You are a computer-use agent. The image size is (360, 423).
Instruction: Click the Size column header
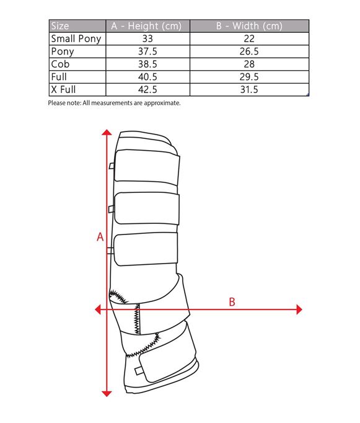click(60, 26)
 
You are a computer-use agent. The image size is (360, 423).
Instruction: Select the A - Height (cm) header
click(146, 26)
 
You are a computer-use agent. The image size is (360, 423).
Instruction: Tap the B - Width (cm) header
click(249, 26)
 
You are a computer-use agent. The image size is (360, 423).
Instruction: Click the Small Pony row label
click(76, 38)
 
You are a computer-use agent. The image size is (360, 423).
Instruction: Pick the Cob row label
click(60, 65)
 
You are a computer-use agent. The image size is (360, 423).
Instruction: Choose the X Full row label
click(63, 89)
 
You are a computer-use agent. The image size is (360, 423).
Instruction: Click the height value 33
click(147, 38)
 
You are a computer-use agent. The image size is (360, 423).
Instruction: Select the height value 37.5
click(147, 51)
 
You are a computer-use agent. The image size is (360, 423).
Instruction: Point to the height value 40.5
click(147, 77)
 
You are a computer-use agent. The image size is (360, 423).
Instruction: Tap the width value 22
click(249, 38)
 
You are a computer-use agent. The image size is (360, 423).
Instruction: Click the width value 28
click(249, 65)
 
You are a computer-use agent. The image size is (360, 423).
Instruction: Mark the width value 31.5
click(249, 89)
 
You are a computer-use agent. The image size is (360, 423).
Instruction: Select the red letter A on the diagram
click(100, 237)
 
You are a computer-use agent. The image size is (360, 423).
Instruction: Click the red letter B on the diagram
click(232, 302)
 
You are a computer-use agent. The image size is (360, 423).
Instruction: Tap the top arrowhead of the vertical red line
click(107, 132)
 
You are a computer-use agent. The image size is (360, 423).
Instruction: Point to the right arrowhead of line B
click(299, 309)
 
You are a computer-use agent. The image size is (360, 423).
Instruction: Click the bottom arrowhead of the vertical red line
click(107, 394)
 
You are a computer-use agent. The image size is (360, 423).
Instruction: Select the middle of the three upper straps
click(147, 208)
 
